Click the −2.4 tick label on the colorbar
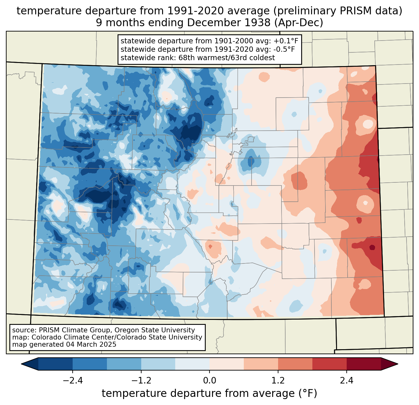click(73, 380)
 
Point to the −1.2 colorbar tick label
click(141, 380)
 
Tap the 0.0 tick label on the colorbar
click(209, 380)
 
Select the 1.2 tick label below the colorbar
click(278, 380)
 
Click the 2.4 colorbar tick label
click(347, 380)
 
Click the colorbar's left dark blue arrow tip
click(21, 364)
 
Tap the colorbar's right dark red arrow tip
click(398, 364)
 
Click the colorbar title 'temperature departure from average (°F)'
click(209, 393)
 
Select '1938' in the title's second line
click(260, 23)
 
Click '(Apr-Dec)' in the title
click(299, 23)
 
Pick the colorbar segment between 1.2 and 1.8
click(295, 364)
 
